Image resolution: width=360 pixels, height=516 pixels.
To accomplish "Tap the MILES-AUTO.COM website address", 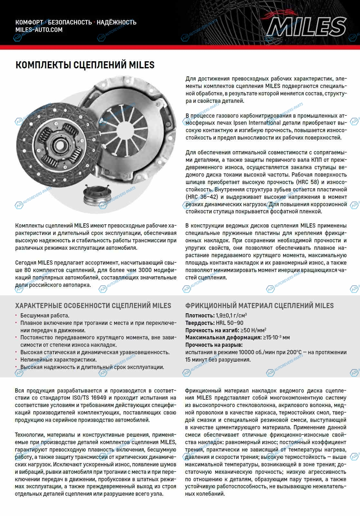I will [39, 30].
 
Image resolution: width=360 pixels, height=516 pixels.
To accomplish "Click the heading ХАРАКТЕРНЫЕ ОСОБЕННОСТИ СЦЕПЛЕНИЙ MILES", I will [93, 306].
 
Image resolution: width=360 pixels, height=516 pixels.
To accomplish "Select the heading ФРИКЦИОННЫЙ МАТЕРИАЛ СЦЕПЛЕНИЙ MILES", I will [259, 306].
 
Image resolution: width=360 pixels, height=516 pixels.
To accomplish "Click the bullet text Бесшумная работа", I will [45, 316].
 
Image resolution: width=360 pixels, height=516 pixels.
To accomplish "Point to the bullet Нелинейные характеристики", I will [58, 360].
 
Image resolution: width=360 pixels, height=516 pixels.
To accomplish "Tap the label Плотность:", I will [200, 316].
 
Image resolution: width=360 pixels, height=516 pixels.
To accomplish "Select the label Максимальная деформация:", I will [223, 338].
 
